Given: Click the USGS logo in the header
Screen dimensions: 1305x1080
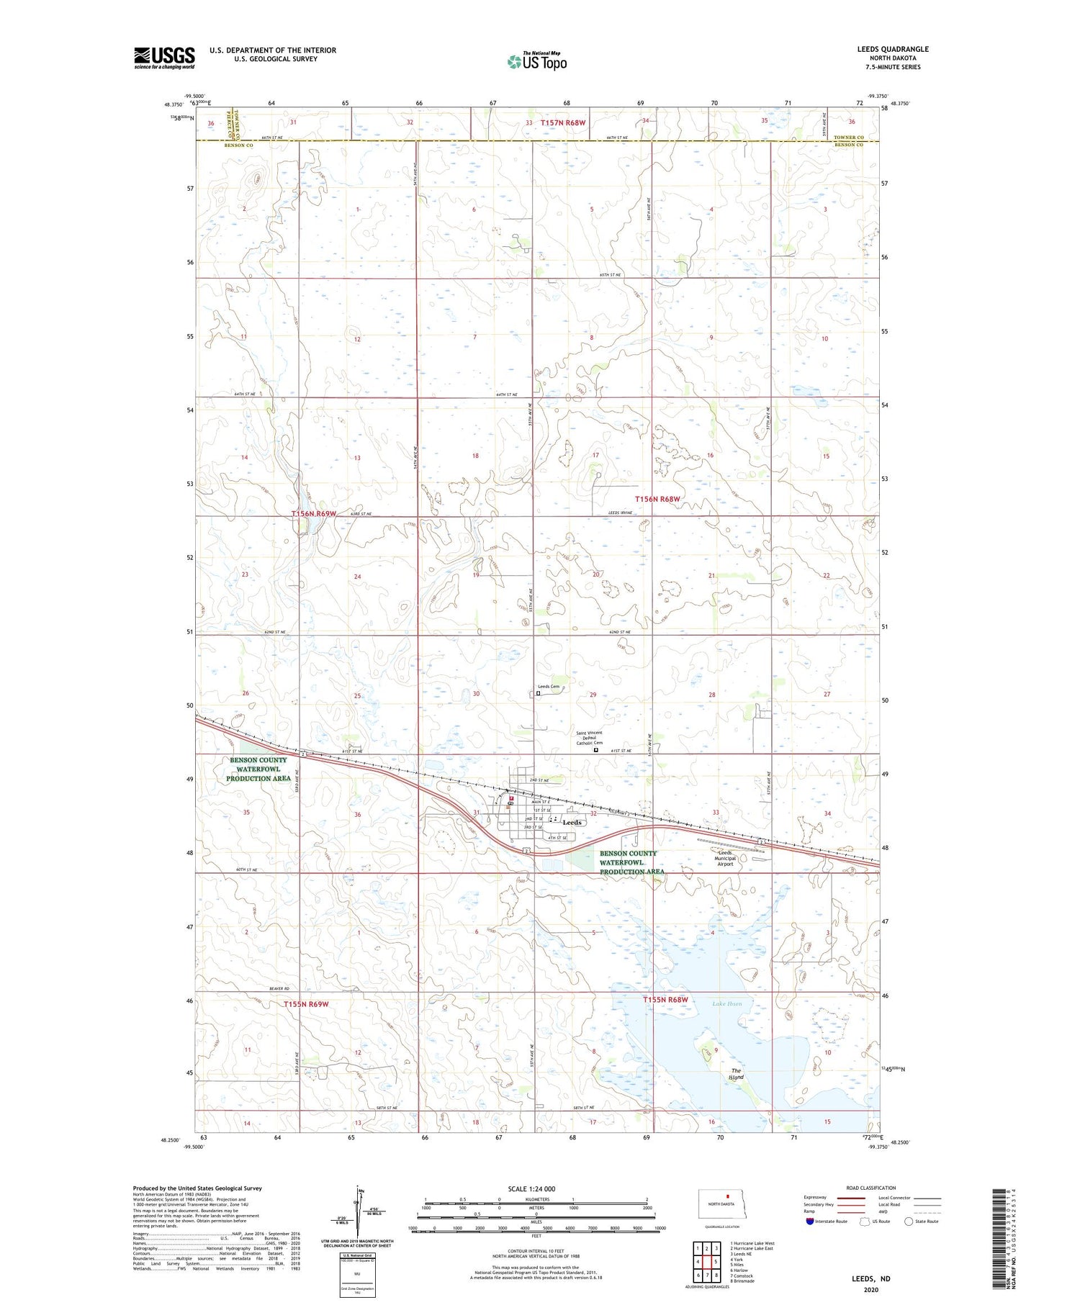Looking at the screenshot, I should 164,58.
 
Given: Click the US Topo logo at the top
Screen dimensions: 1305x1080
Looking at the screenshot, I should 536,62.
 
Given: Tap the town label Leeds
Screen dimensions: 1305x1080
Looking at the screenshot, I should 572,822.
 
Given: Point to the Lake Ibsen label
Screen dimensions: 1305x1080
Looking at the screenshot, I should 726,1003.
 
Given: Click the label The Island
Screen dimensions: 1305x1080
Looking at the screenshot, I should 736,1074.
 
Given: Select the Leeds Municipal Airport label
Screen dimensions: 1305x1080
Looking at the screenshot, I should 724,858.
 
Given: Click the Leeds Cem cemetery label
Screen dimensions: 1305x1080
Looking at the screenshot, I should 549,687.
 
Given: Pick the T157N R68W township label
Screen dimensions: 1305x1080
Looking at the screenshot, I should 564,123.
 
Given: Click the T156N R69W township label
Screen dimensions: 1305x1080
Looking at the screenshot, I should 314,513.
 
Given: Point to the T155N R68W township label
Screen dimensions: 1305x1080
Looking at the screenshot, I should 665,1000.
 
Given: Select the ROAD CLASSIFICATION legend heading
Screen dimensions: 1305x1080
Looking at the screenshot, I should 871,1188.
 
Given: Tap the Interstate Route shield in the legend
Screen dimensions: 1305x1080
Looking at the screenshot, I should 810,1221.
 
